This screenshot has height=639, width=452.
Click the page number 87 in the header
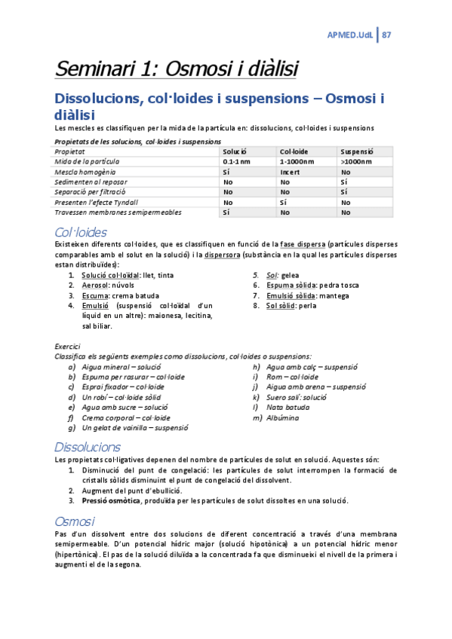tap(386, 35)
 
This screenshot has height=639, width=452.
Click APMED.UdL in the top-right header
tap(350, 35)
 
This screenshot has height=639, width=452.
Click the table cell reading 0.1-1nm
tap(236, 161)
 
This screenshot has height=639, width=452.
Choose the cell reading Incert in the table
tap(291, 172)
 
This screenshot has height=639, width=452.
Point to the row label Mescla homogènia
tap(84, 172)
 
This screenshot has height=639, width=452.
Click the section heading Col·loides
tap(81, 231)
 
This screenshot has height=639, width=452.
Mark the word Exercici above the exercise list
tap(69, 346)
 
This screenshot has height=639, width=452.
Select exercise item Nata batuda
tap(288, 407)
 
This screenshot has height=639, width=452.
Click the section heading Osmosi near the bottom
tap(75, 521)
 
